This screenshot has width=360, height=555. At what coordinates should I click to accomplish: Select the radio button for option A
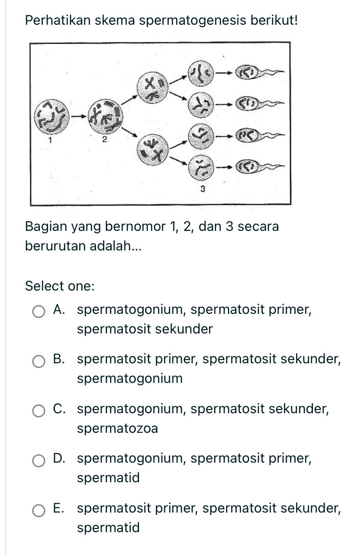39,312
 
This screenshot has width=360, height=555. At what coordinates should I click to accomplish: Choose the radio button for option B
39,361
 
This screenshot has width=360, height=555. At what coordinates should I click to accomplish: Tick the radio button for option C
39,411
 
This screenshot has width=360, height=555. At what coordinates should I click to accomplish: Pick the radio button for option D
39,460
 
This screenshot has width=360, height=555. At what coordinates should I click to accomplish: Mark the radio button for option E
39,510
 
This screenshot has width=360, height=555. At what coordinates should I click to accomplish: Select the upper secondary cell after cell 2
152,89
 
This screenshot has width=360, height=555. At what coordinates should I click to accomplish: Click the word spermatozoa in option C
118,428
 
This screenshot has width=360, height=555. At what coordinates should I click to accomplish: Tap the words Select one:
60,285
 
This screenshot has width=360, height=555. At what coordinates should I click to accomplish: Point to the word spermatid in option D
108,478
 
